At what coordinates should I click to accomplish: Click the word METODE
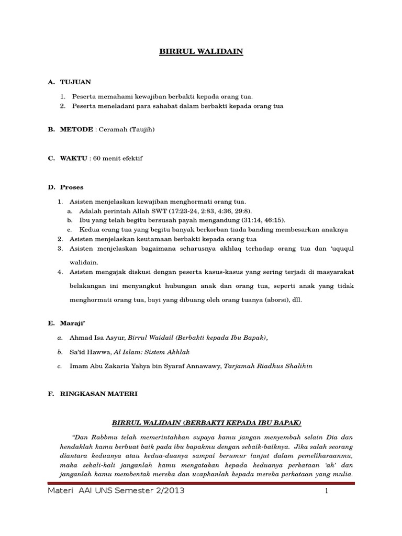coord(73,129)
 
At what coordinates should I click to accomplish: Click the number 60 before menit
coord(97,158)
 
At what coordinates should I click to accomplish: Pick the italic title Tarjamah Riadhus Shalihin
coord(268,366)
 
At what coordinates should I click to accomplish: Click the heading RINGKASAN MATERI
coord(98,394)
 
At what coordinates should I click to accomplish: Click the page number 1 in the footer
coord(326,491)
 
